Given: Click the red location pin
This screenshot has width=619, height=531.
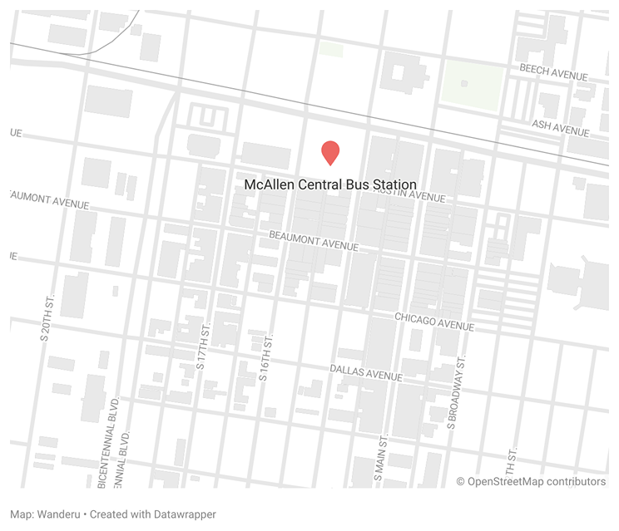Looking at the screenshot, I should pos(330,152).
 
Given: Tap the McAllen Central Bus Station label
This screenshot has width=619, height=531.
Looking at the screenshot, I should pos(330,184).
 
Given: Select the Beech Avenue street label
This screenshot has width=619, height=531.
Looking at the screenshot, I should pos(554,72).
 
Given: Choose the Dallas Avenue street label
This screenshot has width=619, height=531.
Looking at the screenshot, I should pos(366,372).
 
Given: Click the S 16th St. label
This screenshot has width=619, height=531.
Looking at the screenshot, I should pos(265,358).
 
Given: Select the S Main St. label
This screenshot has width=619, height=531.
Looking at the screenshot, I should pos(379,461).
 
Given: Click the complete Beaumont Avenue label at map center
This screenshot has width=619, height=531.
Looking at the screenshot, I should pos(314,242).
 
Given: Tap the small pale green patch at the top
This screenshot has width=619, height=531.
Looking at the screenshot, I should pos(331,49).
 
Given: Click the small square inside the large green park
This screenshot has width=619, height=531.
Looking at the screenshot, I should pos(464,83).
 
